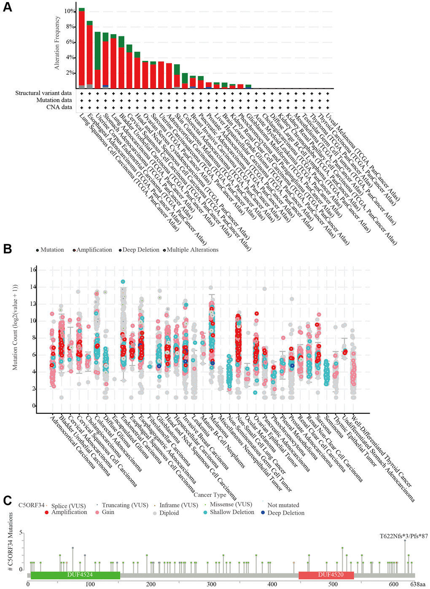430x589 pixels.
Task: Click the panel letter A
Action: pos(7,7)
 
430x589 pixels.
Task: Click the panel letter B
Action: pos(7,248)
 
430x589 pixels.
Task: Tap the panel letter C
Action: pos(7,500)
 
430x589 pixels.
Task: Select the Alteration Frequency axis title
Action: pos(57,43)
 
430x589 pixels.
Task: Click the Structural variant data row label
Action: pos(43,93)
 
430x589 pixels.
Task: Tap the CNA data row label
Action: pos(59,107)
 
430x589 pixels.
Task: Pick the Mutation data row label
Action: pos(54,100)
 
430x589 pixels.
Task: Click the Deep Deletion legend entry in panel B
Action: pos(141,250)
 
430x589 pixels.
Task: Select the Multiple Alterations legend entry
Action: pos(192,250)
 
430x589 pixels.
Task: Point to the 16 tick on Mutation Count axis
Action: pos(33,270)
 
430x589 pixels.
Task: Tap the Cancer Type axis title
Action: pos(210,495)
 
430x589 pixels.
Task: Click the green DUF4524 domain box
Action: pos(75,575)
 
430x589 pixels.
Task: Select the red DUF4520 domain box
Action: pos(326,575)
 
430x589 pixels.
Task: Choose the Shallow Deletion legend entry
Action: pos(232,512)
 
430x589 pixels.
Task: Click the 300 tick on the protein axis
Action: pos(212,584)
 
